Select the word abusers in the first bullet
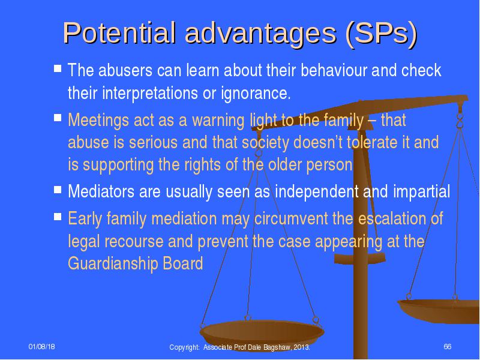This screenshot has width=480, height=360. click(x=125, y=70)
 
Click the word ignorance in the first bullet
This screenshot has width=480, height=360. click(x=256, y=94)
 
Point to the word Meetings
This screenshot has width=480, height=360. click(x=98, y=120)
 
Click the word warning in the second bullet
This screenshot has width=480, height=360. click(x=218, y=120)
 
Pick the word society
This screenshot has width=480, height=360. click(x=265, y=143)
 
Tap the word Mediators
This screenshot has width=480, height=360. click(x=101, y=191)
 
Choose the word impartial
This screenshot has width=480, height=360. click(x=421, y=192)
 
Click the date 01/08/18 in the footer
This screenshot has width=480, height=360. click(x=42, y=347)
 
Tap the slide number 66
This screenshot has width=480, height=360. click(x=447, y=347)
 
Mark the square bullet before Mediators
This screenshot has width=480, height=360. click(x=58, y=190)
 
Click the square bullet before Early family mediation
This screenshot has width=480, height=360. click(x=58, y=217)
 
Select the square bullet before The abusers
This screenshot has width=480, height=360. click(x=58, y=68)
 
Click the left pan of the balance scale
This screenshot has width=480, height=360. click(x=262, y=333)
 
